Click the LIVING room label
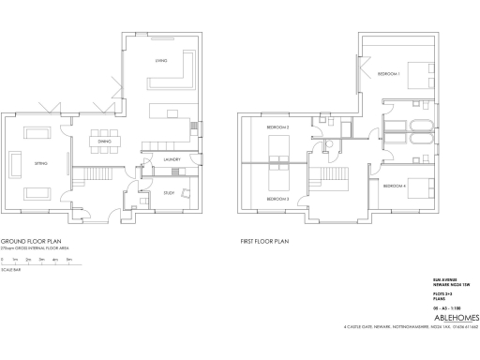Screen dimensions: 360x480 (160, 62)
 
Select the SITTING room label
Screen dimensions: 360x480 (40, 163)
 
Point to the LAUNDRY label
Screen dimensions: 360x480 (171, 159)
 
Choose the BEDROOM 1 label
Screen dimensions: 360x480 (388, 73)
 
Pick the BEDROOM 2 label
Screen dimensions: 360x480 (277, 127)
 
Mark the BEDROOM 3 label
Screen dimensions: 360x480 (277, 199)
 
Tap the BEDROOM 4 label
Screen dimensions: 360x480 (394, 186)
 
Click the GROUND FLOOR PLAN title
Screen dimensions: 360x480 (30, 241)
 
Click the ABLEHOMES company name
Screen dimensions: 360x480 (442, 317)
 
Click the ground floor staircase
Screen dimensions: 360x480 (95, 175)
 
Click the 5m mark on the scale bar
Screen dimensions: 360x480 (68, 258)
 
